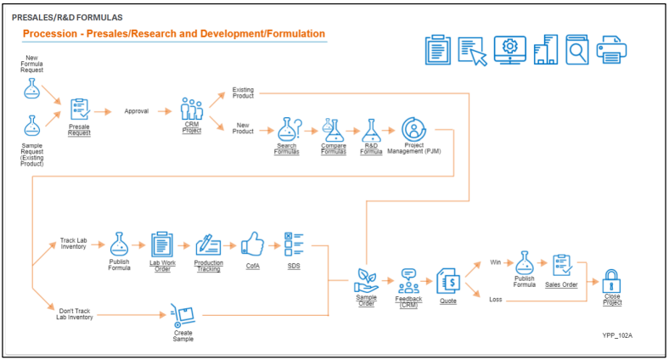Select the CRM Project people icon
click(193, 109)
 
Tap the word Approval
click(137, 111)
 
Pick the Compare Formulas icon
click(333, 130)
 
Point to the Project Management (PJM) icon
click(413, 129)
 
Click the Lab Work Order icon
click(161, 245)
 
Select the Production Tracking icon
click(208, 245)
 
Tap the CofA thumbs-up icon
click(252, 245)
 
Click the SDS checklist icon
click(294, 245)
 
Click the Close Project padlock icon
click(611, 279)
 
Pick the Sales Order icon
click(562, 265)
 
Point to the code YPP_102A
click(617, 335)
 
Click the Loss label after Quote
click(497, 299)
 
